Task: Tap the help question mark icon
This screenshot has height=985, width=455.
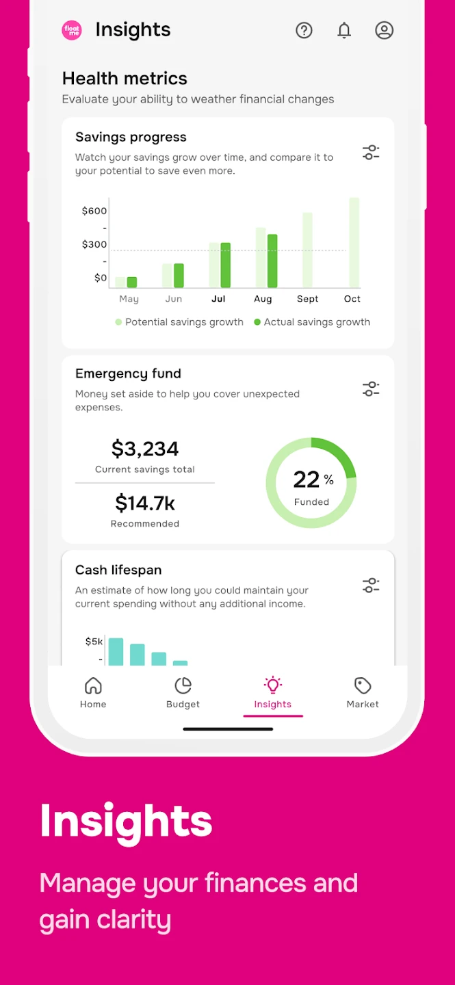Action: [x=304, y=30]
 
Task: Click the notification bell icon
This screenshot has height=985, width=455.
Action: [x=344, y=30]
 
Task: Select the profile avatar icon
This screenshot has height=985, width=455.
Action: [x=385, y=30]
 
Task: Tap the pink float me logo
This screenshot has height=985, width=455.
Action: [x=72, y=30]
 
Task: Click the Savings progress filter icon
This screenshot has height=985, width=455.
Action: [x=371, y=153]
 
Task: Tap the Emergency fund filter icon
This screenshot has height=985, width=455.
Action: [x=371, y=389]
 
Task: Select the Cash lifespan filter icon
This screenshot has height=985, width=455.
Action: [x=371, y=586]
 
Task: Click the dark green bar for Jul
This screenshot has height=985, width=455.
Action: [x=226, y=265]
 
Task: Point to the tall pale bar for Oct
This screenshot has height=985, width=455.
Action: [x=354, y=242]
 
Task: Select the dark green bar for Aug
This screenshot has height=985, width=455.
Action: [x=272, y=261]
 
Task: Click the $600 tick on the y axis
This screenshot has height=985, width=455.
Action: [x=94, y=211]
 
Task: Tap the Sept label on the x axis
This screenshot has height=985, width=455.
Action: [x=307, y=299]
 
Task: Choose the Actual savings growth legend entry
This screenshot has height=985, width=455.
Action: [x=312, y=322]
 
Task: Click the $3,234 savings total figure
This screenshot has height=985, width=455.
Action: [x=145, y=449]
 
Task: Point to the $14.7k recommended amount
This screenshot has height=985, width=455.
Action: [x=145, y=503]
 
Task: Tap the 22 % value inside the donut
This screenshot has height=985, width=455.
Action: [x=312, y=480]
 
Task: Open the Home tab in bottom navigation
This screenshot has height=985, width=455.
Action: [x=93, y=692]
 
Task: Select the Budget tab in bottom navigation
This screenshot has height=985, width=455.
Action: [x=183, y=692]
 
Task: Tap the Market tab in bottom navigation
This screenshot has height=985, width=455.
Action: [x=363, y=692]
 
